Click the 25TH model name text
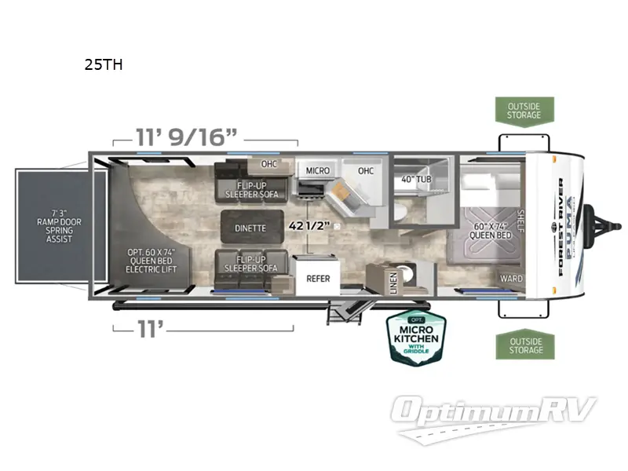[x=104, y=65]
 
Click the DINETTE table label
[x=250, y=228]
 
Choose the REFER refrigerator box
[x=318, y=278]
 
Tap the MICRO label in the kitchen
[x=317, y=170]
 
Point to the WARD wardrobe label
[x=511, y=279]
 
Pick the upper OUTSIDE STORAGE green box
[x=524, y=111]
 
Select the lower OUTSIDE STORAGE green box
[x=524, y=345]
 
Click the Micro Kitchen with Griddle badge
[x=415, y=338]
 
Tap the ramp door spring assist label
[x=59, y=225]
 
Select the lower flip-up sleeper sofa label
[x=246, y=263]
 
